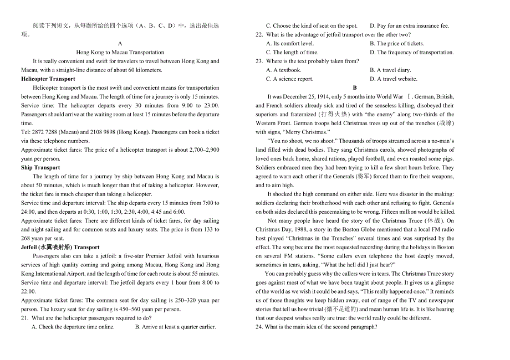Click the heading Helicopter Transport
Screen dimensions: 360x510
(48, 79)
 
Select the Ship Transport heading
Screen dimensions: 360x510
(40, 168)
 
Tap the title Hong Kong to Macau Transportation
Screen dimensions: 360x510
(120, 53)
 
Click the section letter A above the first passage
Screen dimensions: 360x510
(120, 44)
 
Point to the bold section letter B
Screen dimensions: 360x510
(355, 88)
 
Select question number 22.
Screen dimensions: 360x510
(259, 35)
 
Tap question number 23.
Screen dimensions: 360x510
(259, 61)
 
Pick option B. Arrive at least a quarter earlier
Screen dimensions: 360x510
(175, 327)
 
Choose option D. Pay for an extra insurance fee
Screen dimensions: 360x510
(410, 26)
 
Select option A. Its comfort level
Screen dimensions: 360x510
(290, 44)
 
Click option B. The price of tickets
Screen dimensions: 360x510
(397, 44)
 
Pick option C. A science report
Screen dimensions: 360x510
(289, 79)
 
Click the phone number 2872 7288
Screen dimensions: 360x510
(43, 132)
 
